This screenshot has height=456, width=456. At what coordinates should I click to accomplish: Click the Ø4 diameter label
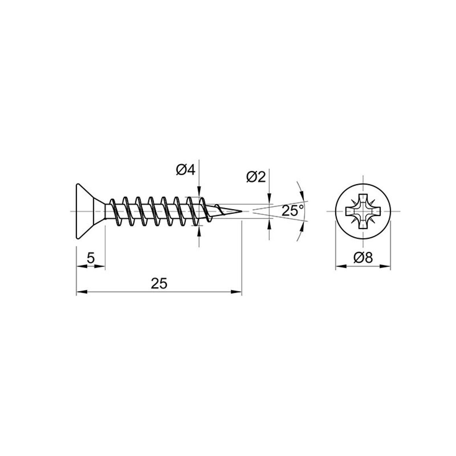click(185, 170)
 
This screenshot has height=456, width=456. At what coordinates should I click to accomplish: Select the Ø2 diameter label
click(256, 177)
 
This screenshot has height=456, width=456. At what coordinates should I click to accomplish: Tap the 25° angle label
click(293, 210)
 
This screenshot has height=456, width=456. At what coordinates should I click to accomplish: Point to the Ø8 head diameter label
click(363, 257)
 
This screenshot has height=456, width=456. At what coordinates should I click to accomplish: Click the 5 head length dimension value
click(91, 257)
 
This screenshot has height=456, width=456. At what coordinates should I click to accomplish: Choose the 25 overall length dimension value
click(159, 284)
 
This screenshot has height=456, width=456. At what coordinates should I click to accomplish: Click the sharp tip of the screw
click(242, 211)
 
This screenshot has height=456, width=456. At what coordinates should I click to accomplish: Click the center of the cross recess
click(363, 211)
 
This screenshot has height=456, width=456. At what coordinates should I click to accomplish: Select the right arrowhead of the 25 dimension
click(236, 292)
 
